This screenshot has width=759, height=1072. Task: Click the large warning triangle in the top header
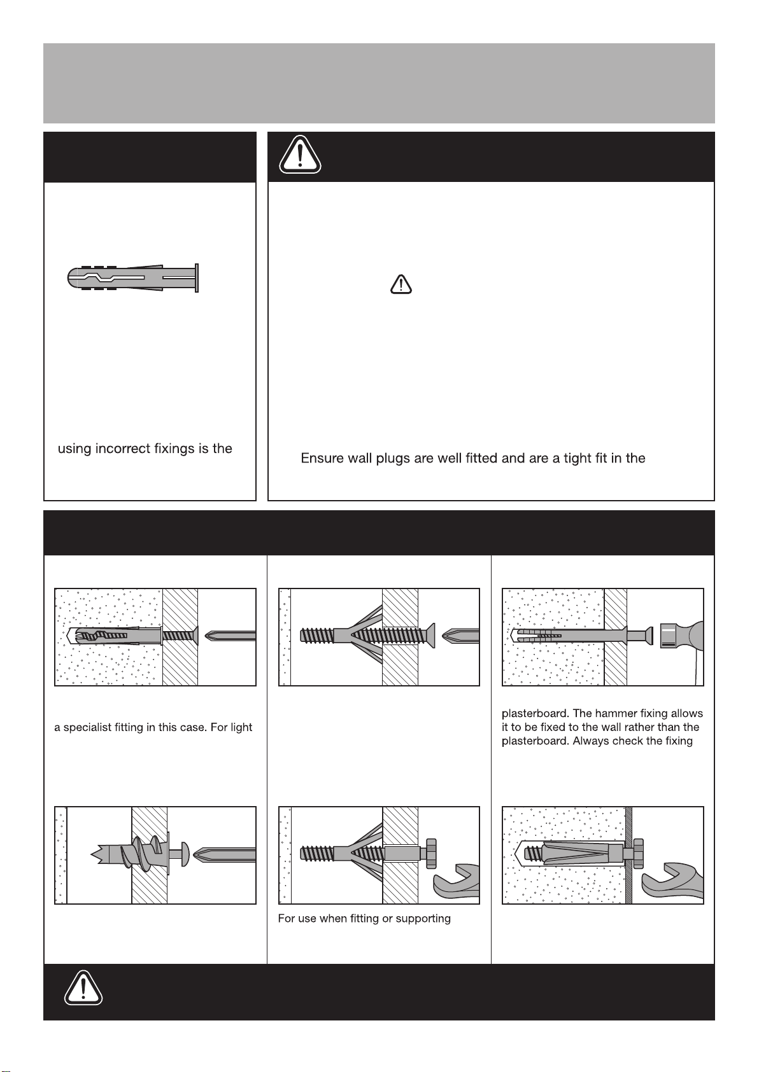(299, 155)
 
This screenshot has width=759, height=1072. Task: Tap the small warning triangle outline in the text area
(401, 284)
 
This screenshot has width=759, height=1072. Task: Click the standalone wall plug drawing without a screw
(133, 278)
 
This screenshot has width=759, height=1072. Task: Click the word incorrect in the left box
(123, 449)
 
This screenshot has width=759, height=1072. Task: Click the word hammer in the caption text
(616, 713)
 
